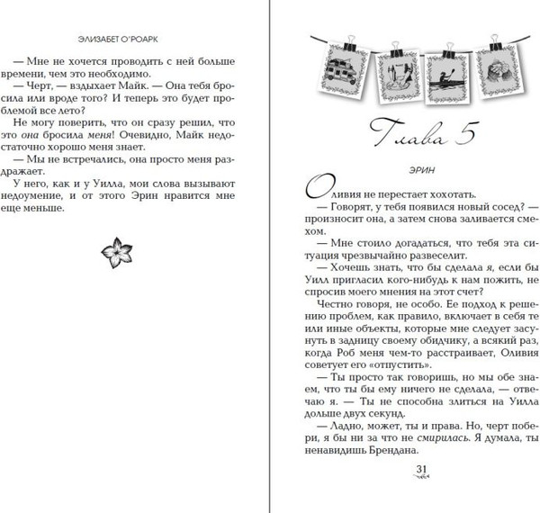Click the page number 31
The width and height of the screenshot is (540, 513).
click(x=419, y=470)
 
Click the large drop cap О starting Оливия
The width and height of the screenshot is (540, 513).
click(x=320, y=191)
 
